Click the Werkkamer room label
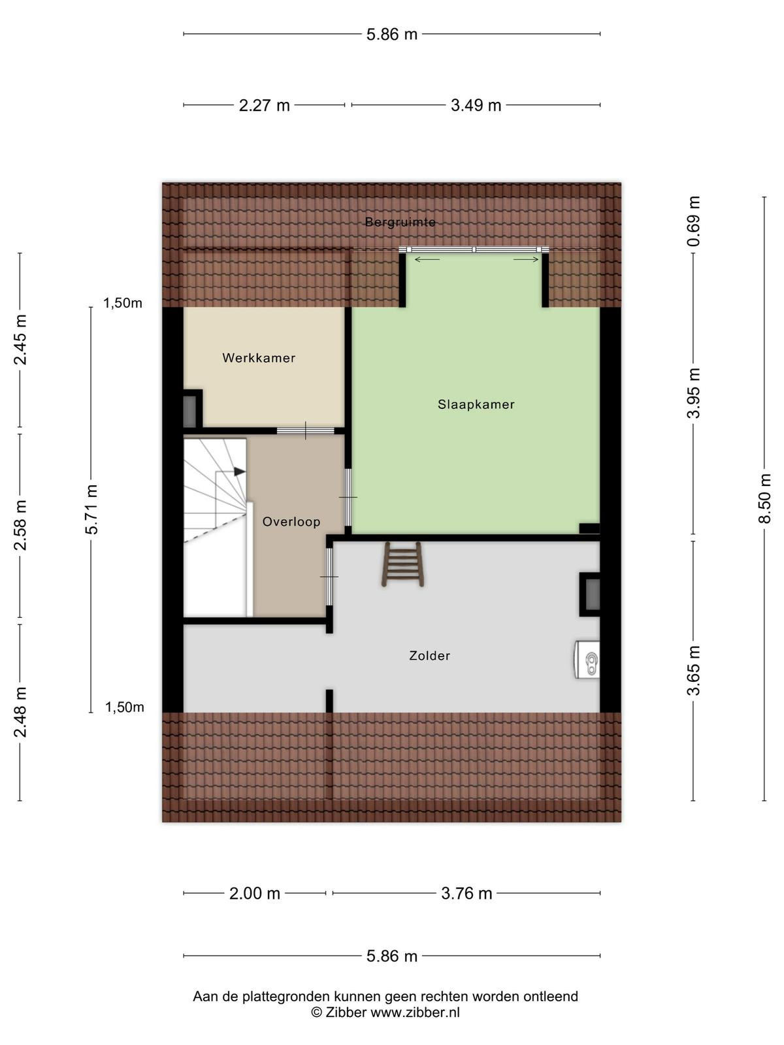point(259,358)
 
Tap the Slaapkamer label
point(476,405)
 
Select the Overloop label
point(291,522)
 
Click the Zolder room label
point(429,656)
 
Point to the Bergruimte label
point(400,222)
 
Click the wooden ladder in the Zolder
point(402,564)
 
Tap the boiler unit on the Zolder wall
point(587,660)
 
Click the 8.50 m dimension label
point(764,498)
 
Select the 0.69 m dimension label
point(694,221)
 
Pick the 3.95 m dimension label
point(694,393)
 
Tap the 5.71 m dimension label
point(91,509)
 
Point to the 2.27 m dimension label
point(264,105)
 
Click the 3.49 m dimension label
point(476,105)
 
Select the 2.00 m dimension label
point(255,893)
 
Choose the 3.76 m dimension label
point(466,893)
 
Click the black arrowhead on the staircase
point(239,472)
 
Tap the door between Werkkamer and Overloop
point(306,431)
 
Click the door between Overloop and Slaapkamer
point(348,498)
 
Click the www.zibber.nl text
point(415,1012)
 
